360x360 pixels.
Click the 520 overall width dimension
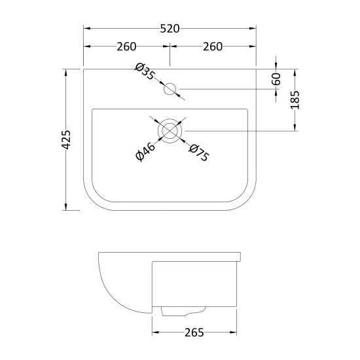pyautogui.click(x=170, y=29)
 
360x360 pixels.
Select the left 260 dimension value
pyautogui.click(x=126, y=46)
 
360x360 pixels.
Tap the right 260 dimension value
pyautogui.click(x=213, y=46)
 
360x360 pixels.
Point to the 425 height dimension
pyautogui.click(x=66, y=139)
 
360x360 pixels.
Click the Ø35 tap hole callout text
pyautogui.click(x=145, y=71)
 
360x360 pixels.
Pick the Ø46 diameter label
pyautogui.click(x=145, y=152)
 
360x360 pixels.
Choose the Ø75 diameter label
pyautogui.click(x=199, y=153)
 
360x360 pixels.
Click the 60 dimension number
pyautogui.click(x=276, y=79)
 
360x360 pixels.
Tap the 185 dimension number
pyautogui.click(x=295, y=100)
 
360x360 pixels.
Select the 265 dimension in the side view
pyautogui.click(x=194, y=333)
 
